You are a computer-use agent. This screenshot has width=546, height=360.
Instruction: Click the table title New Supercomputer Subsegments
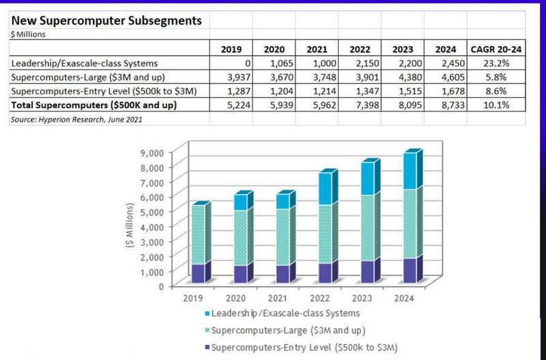(x=106, y=20)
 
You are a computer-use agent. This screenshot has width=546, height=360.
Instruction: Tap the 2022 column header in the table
(x=359, y=49)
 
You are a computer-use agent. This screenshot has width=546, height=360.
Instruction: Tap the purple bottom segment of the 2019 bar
(x=198, y=273)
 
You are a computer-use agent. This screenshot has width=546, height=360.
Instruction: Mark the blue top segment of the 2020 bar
(x=241, y=202)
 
